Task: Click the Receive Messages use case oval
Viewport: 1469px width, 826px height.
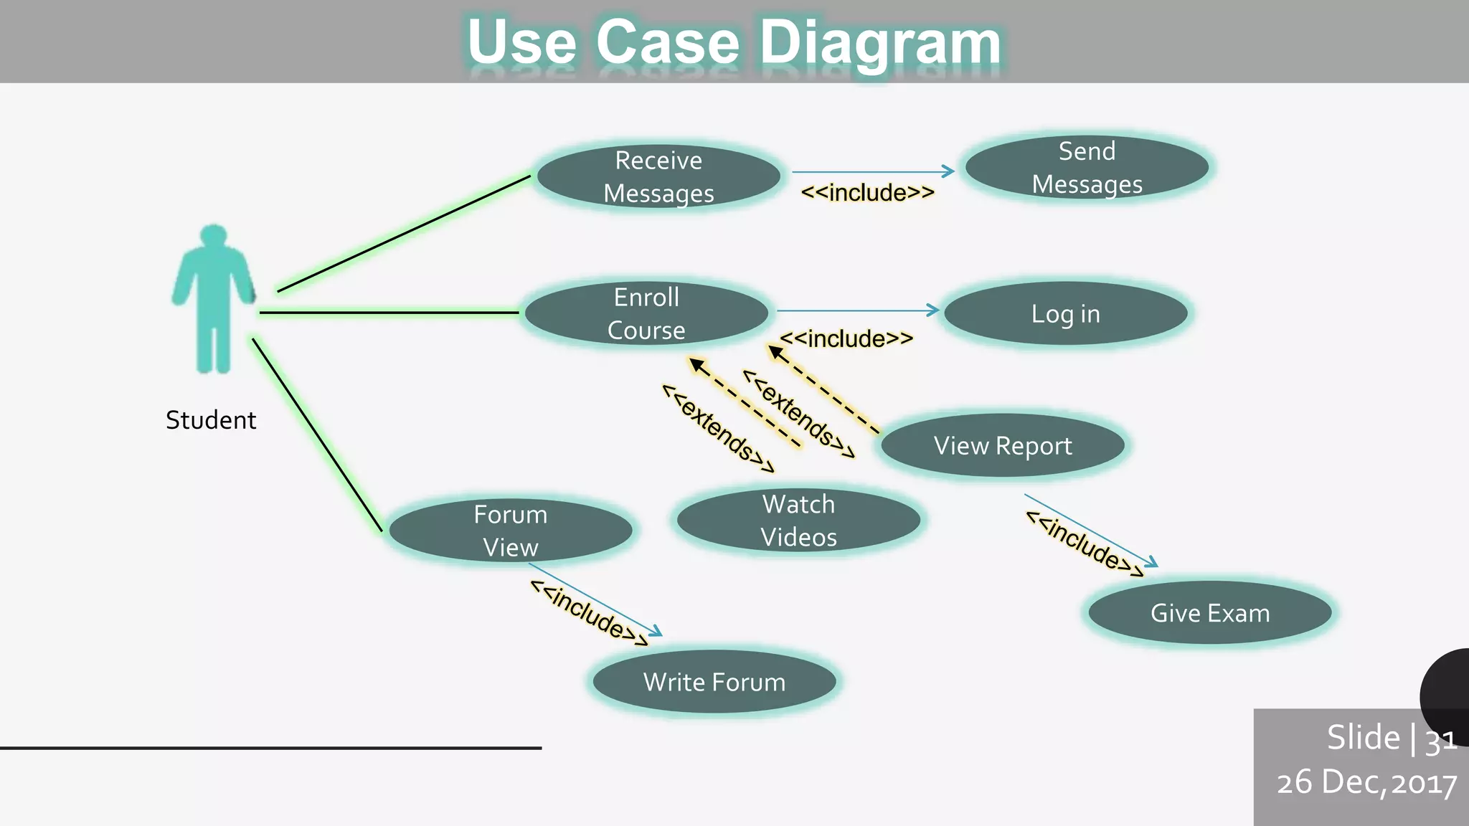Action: tap(658, 176)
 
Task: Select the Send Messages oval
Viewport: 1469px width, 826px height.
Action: tap(1087, 168)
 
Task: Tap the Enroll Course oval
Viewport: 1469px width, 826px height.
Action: tap(646, 313)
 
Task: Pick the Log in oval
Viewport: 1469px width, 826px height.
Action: tap(1065, 313)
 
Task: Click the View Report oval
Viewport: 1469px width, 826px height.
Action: tap(1002, 445)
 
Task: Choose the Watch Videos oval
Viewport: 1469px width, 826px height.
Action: tap(798, 521)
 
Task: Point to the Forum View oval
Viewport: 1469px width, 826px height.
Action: tap(510, 531)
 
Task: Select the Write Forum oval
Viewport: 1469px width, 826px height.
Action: tap(714, 682)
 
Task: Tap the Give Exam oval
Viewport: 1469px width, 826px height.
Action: tap(1210, 613)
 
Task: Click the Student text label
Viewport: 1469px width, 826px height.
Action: tap(211, 420)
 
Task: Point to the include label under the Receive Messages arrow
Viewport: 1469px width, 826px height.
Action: tap(868, 193)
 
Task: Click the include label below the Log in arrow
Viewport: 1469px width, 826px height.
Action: tap(846, 338)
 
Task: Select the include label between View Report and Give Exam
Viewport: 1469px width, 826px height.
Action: tap(1085, 543)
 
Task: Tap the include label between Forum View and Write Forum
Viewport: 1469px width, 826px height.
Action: tap(589, 612)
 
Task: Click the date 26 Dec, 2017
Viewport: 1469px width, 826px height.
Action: tap(1366, 782)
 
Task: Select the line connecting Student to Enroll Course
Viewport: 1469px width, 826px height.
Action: tap(387, 313)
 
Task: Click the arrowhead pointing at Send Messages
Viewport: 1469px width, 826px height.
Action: tap(949, 171)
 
